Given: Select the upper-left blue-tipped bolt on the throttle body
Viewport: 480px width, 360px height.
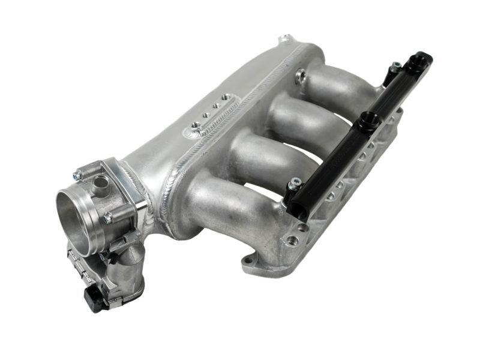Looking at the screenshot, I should click(x=77, y=176).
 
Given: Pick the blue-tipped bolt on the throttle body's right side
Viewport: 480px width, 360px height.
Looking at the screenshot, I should click(x=107, y=220).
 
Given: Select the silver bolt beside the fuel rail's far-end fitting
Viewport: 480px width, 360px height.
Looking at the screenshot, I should click(x=396, y=68).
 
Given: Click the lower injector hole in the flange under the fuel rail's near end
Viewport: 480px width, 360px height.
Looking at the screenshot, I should click(x=292, y=241).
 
